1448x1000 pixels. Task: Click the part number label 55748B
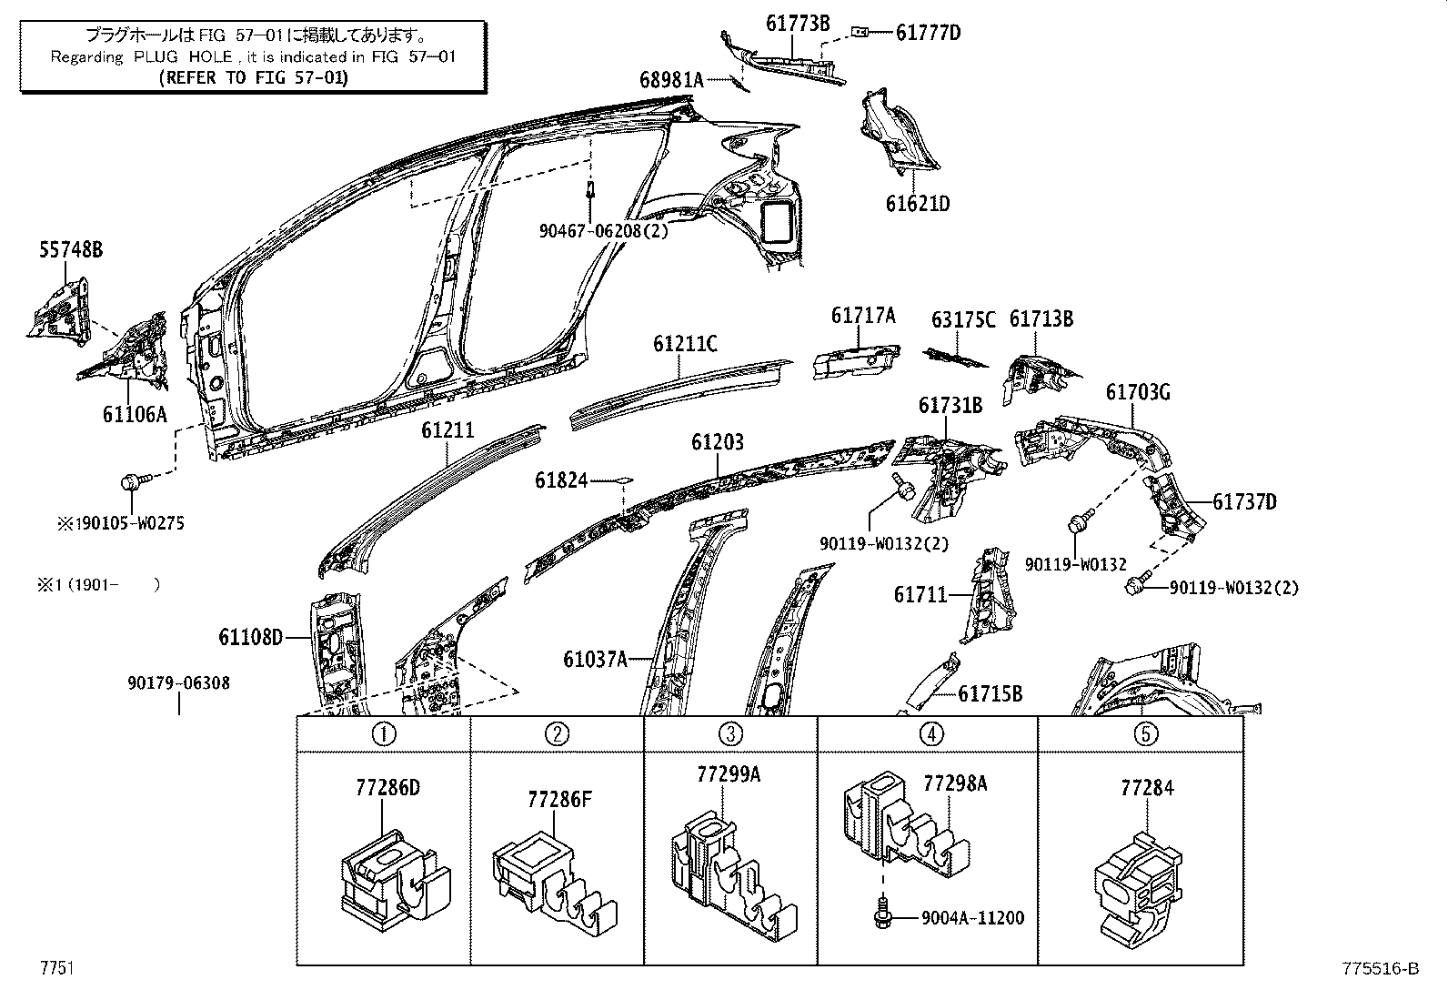click(70, 249)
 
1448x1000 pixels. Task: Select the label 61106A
click(135, 414)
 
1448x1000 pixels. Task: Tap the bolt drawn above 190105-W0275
click(132, 480)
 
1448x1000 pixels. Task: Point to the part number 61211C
click(685, 344)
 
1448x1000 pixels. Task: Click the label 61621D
click(918, 204)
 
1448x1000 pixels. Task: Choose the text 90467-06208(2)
click(602, 231)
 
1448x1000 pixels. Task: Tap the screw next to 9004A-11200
click(881, 914)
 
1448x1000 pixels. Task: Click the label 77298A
click(955, 783)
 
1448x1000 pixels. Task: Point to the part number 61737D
click(1244, 502)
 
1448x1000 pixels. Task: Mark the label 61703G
click(1137, 392)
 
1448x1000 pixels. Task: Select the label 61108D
click(250, 637)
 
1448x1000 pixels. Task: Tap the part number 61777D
click(928, 34)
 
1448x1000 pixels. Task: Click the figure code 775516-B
click(1379, 969)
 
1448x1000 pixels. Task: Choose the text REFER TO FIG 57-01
click(253, 77)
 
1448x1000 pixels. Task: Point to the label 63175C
click(963, 320)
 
